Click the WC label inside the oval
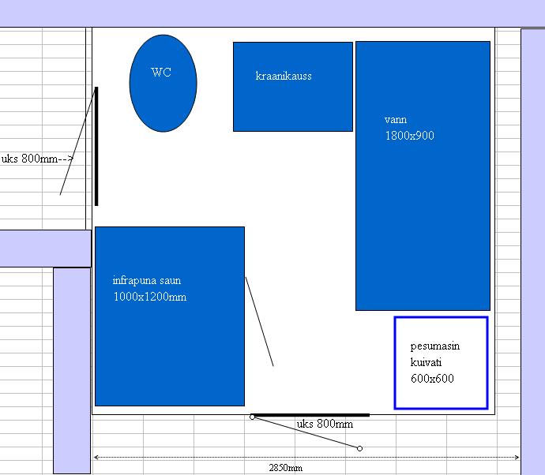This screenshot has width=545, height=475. pyautogui.click(x=161, y=73)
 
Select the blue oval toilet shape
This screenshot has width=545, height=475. pyautogui.click(x=163, y=84)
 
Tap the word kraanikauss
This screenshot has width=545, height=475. pyautogui.click(x=284, y=76)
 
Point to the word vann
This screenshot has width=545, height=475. pyautogui.click(x=396, y=120)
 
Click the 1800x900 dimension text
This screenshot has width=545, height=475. pyautogui.click(x=409, y=136)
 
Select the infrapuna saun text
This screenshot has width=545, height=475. pyautogui.click(x=147, y=280)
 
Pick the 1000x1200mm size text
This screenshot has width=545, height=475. pyautogui.click(x=150, y=297)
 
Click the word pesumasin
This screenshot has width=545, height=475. pyautogui.click(x=435, y=346)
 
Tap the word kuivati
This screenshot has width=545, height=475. pyautogui.click(x=426, y=362)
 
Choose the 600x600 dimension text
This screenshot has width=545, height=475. pyautogui.click(x=432, y=378)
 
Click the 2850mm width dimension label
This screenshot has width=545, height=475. pyautogui.click(x=285, y=468)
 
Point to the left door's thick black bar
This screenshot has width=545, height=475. pyautogui.click(x=96, y=146)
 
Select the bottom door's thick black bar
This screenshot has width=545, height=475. pyautogui.click(x=311, y=415)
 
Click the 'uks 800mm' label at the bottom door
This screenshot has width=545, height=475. pyautogui.click(x=325, y=424)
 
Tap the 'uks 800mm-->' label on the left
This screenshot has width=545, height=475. pyautogui.click(x=38, y=159)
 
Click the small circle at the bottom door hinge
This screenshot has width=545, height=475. pyautogui.click(x=252, y=417)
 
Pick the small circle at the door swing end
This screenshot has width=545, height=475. pyautogui.click(x=359, y=448)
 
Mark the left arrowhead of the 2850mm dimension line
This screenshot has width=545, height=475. pyautogui.click(x=96, y=458)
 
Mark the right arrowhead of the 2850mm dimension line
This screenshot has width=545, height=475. pyautogui.click(x=517, y=458)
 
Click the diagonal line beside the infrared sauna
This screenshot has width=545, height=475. pyautogui.click(x=259, y=321)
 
